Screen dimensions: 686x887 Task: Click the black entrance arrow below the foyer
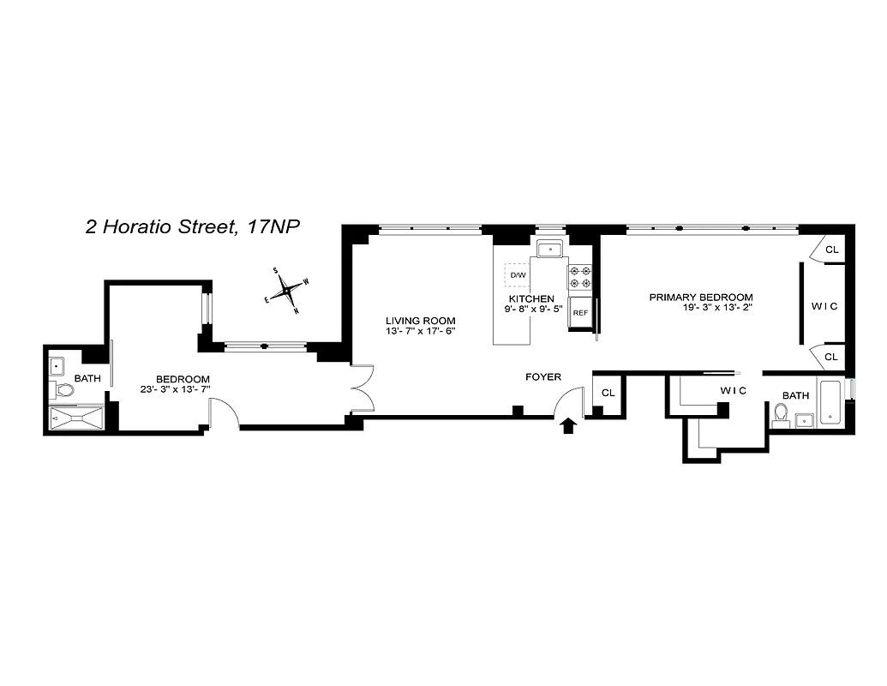(567, 426)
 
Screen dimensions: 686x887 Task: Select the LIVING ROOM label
(420, 321)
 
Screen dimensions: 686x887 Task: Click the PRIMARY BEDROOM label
(700, 297)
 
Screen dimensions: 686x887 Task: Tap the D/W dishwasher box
(518, 274)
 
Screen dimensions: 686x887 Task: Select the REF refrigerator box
(580, 312)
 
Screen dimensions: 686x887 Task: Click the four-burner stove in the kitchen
(580, 276)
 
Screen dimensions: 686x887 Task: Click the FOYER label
(542, 376)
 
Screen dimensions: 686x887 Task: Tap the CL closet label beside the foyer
(608, 393)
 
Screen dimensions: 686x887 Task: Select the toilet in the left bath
(63, 391)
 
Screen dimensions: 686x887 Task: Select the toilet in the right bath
(781, 414)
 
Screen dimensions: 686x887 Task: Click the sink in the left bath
(59, 365)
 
